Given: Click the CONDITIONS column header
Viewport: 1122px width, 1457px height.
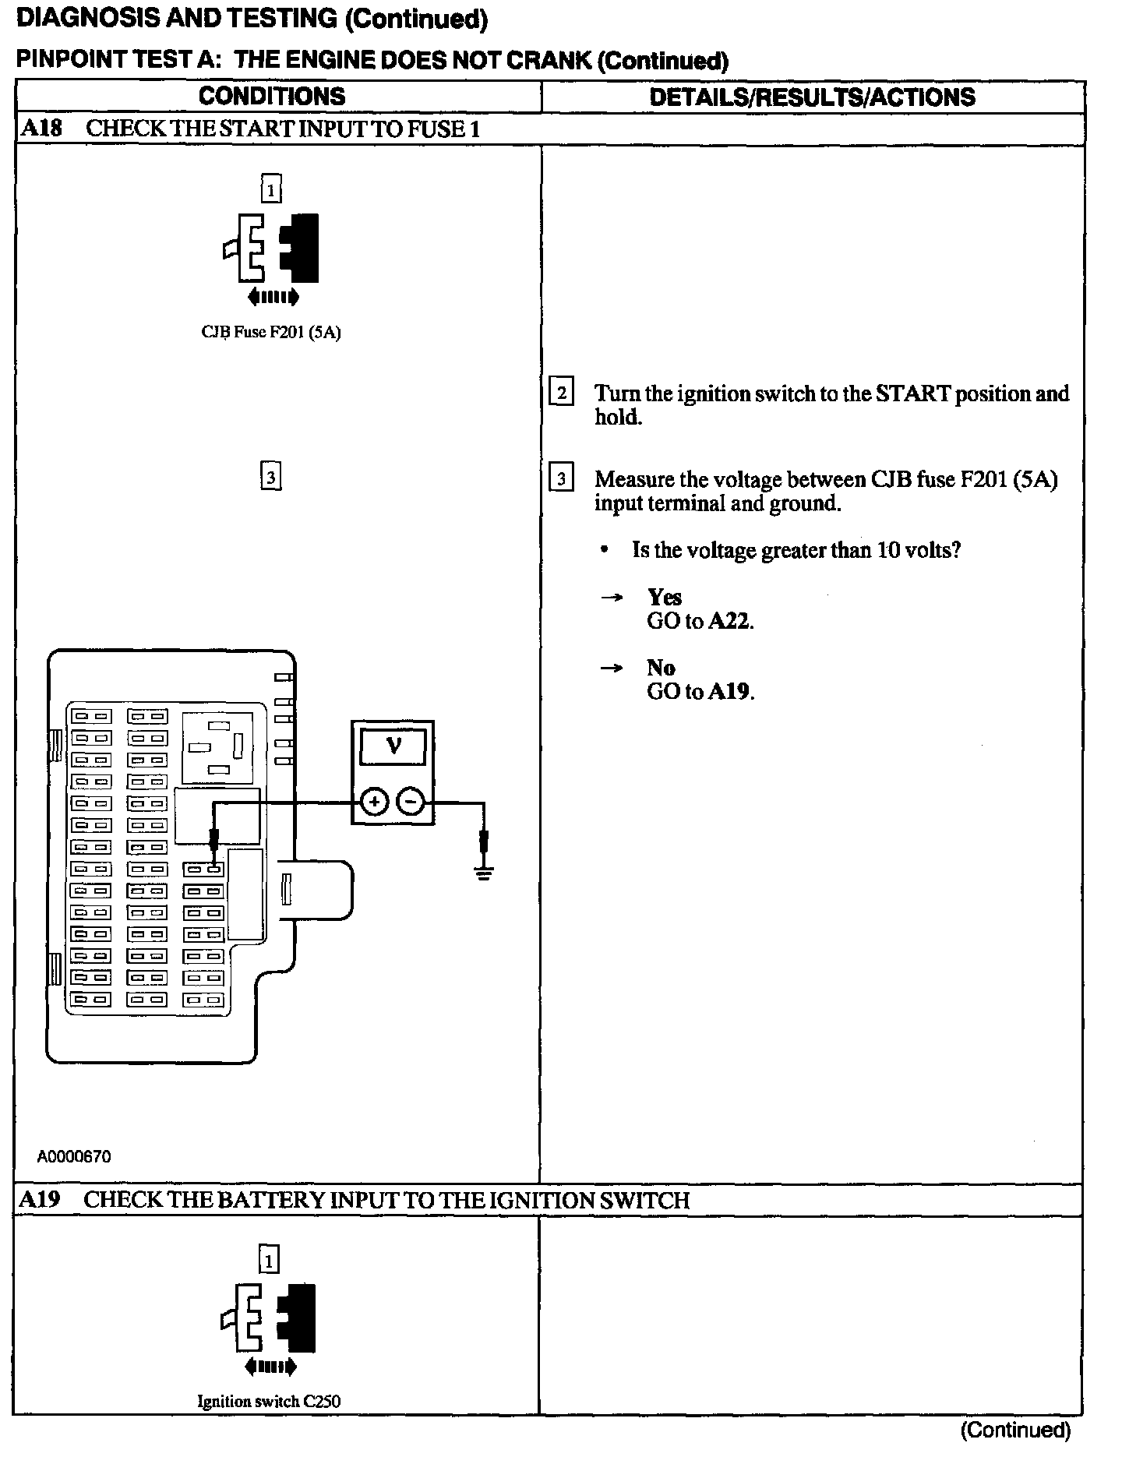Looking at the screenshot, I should pos(272,97).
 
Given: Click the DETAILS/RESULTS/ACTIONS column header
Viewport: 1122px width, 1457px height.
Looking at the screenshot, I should pos(812,97).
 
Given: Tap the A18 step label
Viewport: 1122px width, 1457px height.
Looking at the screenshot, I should pos(41,129).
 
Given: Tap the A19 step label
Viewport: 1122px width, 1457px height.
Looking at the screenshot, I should pos(40,1199).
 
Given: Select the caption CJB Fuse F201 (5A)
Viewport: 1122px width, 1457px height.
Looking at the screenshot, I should pos(271,333).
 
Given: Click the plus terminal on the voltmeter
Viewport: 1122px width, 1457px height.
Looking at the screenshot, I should pos(375,802).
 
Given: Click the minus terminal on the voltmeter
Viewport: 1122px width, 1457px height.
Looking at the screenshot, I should pos(411,802).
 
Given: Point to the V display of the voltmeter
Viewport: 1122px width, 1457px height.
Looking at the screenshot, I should pos(393,746).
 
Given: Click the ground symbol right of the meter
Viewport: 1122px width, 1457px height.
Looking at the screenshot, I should pos(484,870).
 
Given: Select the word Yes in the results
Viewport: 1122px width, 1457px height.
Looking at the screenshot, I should pos(664,598).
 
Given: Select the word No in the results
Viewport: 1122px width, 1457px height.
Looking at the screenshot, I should pos(661,668).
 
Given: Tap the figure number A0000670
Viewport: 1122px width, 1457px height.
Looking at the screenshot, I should pos(74,1156).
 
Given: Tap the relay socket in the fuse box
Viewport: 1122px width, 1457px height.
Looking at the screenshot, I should pos(217,747).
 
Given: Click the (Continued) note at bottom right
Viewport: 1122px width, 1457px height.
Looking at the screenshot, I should pos(1015,1430).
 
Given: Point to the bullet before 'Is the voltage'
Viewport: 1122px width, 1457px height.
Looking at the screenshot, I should pos(604,550).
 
